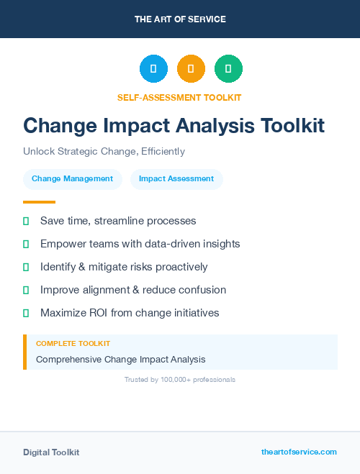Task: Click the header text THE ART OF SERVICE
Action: pyautogui.click(x=180, y=19)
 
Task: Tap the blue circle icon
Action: pyautogui.click(x=153, y=69)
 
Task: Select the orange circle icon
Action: pyautogui.click(x=191, y=69)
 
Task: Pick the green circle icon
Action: pyautogui.click(x=228, y=69)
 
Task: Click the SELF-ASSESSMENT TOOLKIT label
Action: pyautogui.click(x=180, y=97)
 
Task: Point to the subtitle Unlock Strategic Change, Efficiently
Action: pyautogui.click(x=104, y=152)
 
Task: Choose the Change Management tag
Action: pyautogui.click(x=72, y=179)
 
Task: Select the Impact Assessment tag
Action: pyautogui.click(x=176, y=179)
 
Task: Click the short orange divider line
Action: pyautogui.click(x=39, y=202)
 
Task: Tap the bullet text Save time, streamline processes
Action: pyautogui.click(x=118, y=221)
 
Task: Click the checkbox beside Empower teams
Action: pyautogui.click(x=26, y=244)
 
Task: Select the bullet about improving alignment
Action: pyautogui.click(x=133, y=290)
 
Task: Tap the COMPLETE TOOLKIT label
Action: pyautogui.click(x=73, y=344)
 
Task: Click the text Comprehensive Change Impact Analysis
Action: pyautogui.click(x=121, y=359)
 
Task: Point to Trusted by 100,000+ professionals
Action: pyautogui.click(x=180, y=379)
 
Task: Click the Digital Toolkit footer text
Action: pyautogui.click(x=51, y=452)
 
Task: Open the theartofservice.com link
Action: pyautogui.click(x=299, y=452)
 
